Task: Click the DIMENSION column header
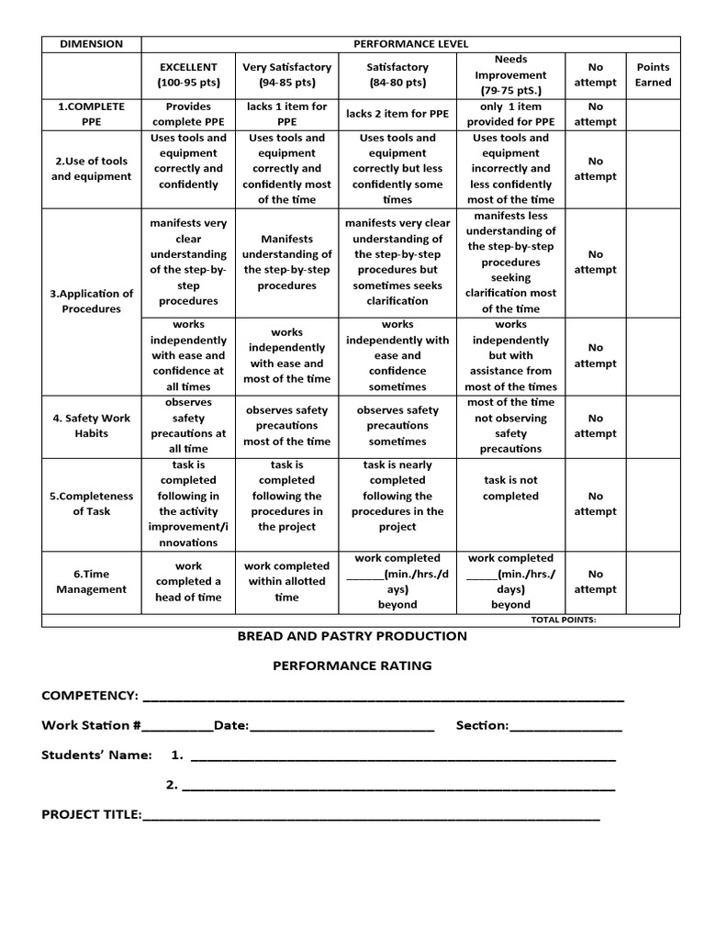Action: [91, 44]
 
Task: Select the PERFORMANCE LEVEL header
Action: [410, 44]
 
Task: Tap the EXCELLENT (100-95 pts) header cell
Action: [188, 74]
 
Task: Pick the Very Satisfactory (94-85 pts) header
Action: [286, 74]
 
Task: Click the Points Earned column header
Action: [653, 74]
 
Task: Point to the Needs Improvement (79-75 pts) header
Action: [510, 75]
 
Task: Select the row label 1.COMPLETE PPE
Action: [91, 114]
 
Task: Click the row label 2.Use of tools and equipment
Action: [91, 168]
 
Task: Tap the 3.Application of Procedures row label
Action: [91, 301]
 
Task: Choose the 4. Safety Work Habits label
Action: [91, 425]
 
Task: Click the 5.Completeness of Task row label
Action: [91, 503]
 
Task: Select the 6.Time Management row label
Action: [91, 581]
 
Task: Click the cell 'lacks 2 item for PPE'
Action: [397, 114]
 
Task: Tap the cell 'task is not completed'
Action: [510, 487]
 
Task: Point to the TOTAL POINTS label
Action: [563, 620]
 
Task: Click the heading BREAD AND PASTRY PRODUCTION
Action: [352, 636]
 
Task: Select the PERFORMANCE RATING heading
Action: [352, 666]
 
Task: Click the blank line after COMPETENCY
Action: [384, 698]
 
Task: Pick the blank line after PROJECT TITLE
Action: [371, 816]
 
